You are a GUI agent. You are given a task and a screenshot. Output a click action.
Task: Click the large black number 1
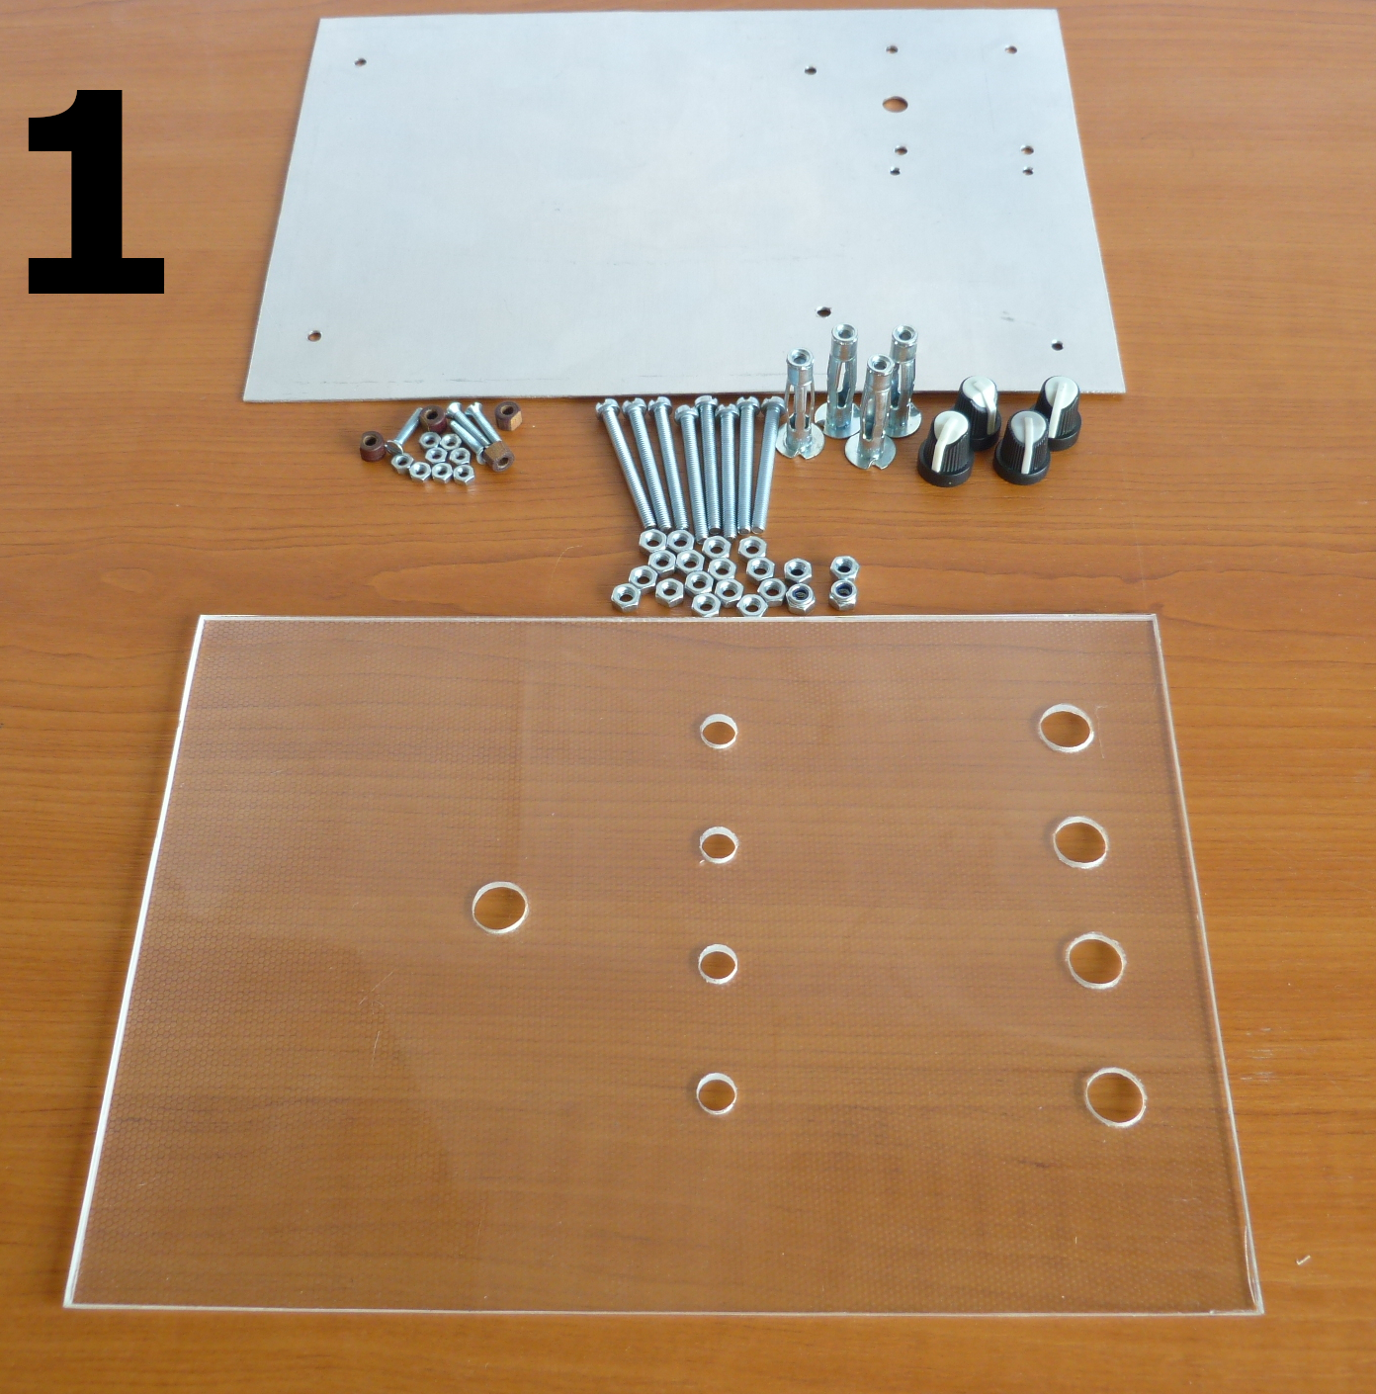tap(96, 192)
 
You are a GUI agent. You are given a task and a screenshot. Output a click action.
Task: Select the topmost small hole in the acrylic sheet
tap(719, 730)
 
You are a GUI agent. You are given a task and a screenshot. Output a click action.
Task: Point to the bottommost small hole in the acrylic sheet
tap(717, 1093)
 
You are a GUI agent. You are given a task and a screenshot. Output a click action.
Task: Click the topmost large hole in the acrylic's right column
tap(1067, 728)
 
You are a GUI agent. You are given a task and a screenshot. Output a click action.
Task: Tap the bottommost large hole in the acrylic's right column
tap(1115, 1098)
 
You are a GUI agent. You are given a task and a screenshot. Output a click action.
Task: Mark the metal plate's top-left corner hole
tap(361, 63)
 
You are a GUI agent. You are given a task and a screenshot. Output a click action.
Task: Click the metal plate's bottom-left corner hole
tap(313, 336)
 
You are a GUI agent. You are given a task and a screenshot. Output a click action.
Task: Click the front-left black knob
tap(945, 449)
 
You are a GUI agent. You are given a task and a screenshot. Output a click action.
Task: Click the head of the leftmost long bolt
tap(606, 411)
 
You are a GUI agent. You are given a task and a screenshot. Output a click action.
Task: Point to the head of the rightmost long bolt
tap(772, 408)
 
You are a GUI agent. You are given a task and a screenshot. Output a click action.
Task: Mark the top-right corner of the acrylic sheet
tap(1155, 619)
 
